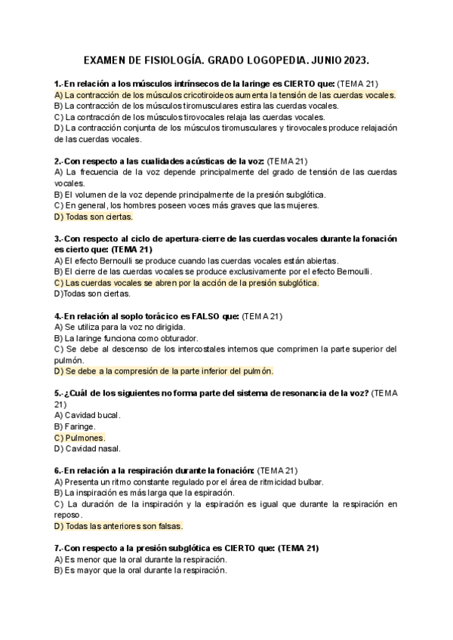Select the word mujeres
tap(299, 205)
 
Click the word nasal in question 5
tap(108, 448)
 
